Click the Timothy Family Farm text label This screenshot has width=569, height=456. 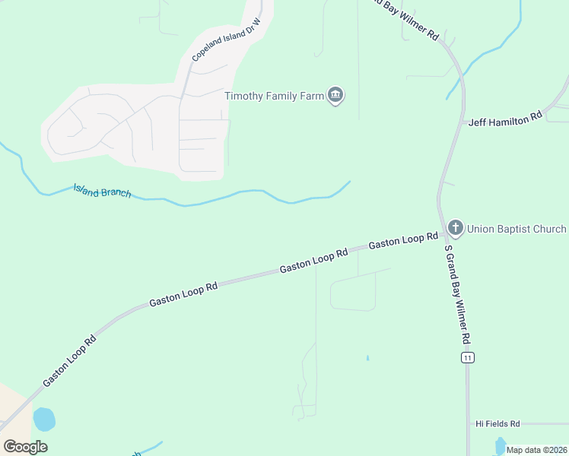(x=274, y=96)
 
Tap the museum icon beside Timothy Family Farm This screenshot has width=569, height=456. (x=335, y=95)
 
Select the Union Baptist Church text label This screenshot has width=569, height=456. (x=517, y=229)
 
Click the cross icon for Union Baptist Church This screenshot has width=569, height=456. (x=455, y=227)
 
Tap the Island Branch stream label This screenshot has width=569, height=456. (x=102, y=190)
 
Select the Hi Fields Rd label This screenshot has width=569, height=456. (x=497, y=423)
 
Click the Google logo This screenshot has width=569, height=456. (x=25, y=447)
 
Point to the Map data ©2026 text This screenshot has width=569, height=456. (x=537, y=450)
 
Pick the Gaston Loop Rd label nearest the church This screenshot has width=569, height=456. (x=403, y=242)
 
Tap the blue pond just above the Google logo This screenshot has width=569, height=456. (x=44, y=419)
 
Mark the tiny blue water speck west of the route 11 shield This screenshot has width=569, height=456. (x=367, y=358)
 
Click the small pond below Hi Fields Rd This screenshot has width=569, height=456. (x=500, y=444)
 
